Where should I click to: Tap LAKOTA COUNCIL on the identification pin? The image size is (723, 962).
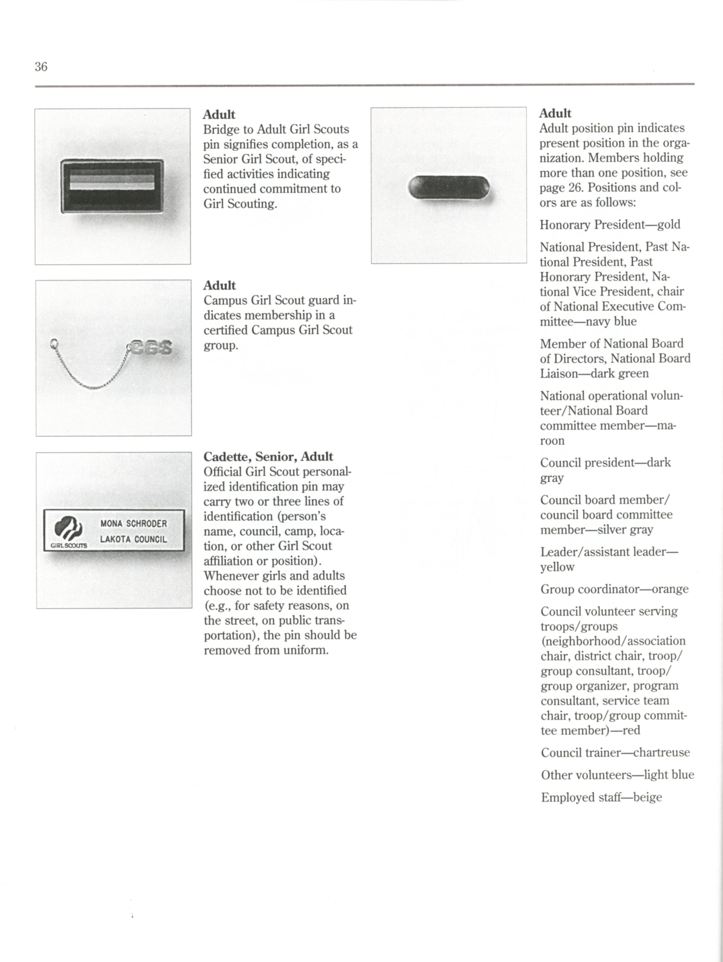pyautogui.click(x=134, y=539)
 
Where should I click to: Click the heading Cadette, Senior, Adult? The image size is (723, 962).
pyautogui.click(x=268, y=457)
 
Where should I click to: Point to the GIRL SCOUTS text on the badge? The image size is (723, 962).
pyautogui.click(x=69, y=545)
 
